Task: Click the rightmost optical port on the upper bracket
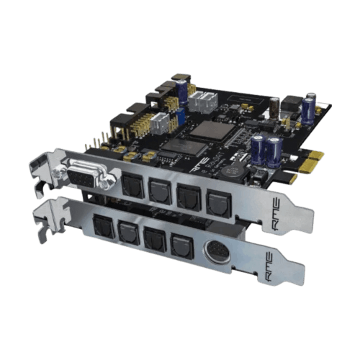[217, 204]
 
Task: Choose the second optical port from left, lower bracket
[128, 233]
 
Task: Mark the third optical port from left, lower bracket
[153, 238]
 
